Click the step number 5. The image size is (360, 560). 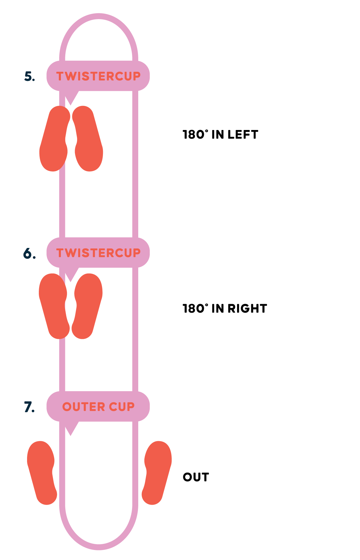point(29,76)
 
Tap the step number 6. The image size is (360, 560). point(29,253)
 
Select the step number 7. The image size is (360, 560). point(29,407)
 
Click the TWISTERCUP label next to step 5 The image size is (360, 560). point(98,76)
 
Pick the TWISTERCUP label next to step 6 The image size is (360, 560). point(98,253)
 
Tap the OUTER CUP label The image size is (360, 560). point(98,407)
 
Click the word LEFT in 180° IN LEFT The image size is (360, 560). point(243,135)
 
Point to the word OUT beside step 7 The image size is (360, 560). point(196,477)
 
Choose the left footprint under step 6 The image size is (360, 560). point(54,306)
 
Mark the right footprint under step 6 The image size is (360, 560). point(88,306)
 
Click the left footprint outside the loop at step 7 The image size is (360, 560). point(42,473)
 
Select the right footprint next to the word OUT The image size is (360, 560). point(157,473)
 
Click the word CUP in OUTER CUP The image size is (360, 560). point(121,407)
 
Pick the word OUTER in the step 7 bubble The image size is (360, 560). point(84,407)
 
